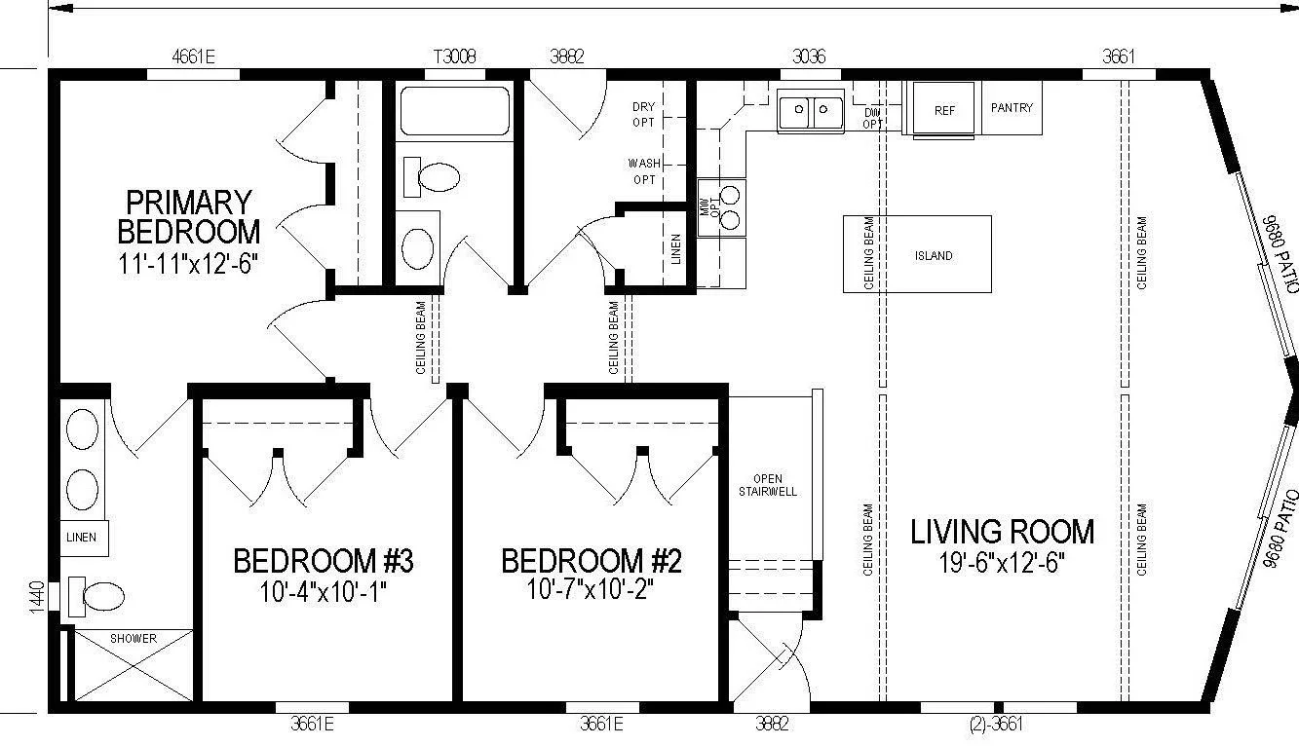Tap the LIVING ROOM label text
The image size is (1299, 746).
(1002, 532)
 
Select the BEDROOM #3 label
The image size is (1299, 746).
(323, 561)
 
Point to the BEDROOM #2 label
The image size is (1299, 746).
(592, 561)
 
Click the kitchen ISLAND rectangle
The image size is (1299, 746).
(917, 254)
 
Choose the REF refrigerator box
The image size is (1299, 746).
(943, 109)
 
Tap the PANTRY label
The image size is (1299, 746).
(1012, 107)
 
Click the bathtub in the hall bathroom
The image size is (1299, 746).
(455, 111)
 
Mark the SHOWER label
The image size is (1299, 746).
(134, 638)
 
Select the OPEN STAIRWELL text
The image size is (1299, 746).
(768, 485)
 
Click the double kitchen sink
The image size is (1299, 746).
(811, 111)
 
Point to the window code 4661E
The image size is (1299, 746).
(193, 56)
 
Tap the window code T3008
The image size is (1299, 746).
(455, 56)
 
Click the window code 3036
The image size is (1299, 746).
(809, 56)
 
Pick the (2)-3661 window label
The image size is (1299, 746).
(996, 724)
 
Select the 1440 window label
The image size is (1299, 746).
(36, 597)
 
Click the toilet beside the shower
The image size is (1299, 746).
(96, 596)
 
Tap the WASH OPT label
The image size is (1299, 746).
(644, 171)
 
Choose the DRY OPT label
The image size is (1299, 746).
(643, 115)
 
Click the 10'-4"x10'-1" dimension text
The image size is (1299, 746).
(323, 592)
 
